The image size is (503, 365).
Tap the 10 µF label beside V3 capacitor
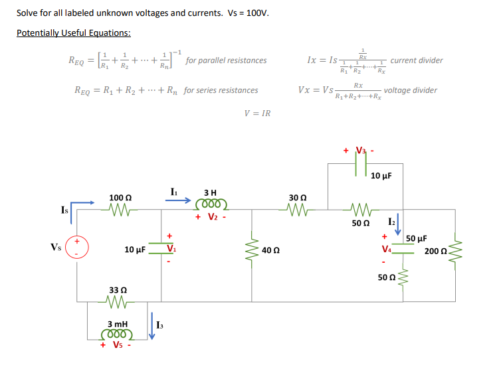[381, 176]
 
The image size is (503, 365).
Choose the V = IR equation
[257, 113]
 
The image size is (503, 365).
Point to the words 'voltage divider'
[411, 90]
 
